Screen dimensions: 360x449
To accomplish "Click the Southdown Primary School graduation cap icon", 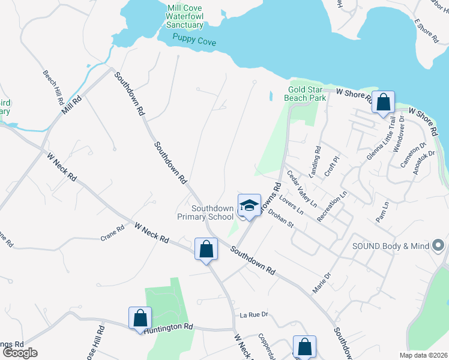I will pyautogui.click(x=249, y=206).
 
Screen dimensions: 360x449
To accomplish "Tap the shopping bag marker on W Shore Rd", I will pyautogui.click(x=382, y=102).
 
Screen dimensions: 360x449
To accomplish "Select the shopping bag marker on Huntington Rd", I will pyautogui.click(x=140, y=318).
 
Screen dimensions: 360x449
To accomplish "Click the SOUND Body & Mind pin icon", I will pyautogui.click(x=438, y=245).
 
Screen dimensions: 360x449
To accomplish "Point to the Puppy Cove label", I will pyautogui.click(x=194, y=41).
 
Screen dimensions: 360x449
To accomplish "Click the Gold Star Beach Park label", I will pyautogui.click(x=307, y=93).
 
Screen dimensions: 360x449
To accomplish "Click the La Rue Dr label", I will pyautogui.click(x=253, y=315).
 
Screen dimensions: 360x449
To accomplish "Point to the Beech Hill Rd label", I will pyautogui.click(x=53, y=88).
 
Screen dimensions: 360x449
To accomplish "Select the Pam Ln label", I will pyautogui.click(x=382, y=212).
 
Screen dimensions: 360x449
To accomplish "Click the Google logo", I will pyautogui.click(x=19, y=353).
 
